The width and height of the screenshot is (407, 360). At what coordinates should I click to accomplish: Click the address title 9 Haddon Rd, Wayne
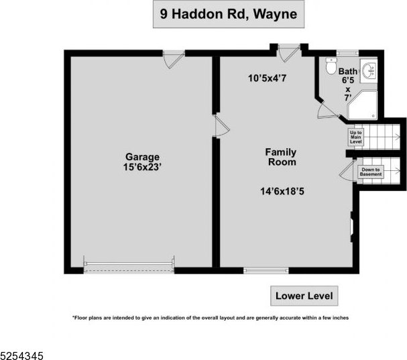[229, 14]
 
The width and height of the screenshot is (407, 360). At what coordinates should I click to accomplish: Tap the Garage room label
[142, 157]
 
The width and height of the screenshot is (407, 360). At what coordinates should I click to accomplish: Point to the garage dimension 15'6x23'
[142, 167]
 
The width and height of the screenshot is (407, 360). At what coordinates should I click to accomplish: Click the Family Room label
[281, 157]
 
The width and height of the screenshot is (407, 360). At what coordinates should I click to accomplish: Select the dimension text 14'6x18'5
[282, 191]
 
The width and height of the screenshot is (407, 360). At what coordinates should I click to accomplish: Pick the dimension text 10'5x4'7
[267, 78]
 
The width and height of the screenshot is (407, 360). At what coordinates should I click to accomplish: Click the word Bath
[347, 71]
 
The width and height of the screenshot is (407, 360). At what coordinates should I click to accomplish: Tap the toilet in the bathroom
[331, 66]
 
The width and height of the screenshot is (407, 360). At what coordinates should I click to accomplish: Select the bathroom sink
[369, 70]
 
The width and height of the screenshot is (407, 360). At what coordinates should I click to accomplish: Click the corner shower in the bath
[363, 105]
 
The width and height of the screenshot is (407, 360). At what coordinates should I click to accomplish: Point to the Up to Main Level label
[355, 137]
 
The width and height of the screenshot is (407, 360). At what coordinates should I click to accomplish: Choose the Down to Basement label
[371, 172]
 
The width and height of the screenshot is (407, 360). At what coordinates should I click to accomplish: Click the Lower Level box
[304, 296]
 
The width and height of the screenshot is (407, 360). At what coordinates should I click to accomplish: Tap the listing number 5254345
[22, 355]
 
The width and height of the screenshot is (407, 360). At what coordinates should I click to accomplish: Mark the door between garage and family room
[221, 126]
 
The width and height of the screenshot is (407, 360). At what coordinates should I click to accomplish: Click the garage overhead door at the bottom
[129, 265]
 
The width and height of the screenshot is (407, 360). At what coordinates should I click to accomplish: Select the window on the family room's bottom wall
[266, 270]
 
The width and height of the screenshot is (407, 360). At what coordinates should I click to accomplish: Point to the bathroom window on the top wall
[348, 53]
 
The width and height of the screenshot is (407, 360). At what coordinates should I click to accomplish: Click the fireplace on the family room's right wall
[352, 227]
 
